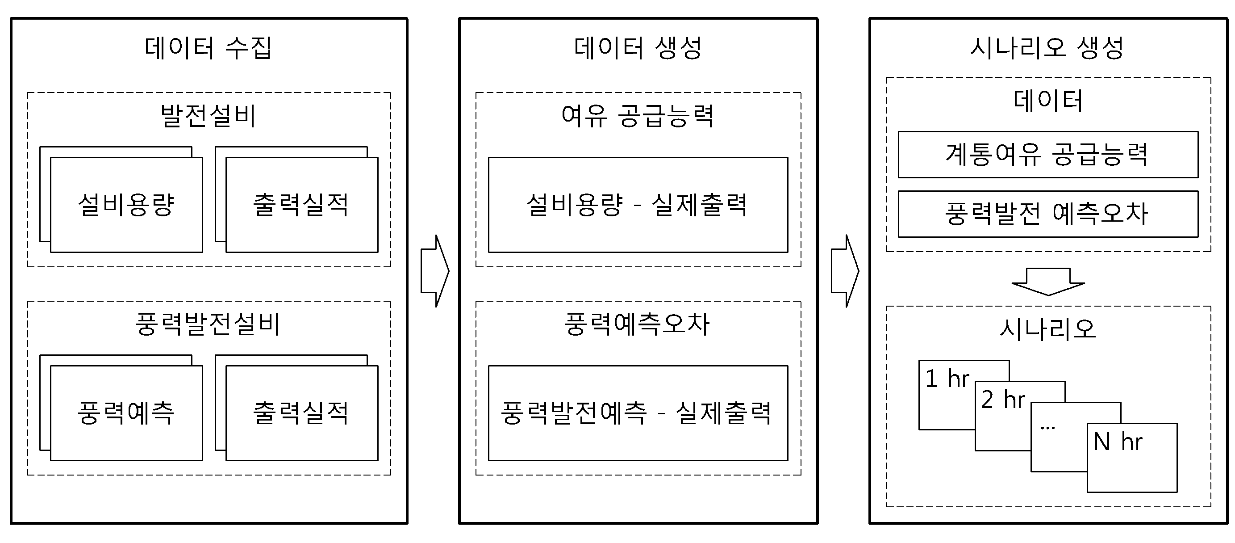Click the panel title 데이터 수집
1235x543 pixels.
coord(208,48)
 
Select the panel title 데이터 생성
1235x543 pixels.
coord(638,48)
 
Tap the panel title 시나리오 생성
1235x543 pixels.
coord(1047,48)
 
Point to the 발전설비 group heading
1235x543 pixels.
coord(209,116)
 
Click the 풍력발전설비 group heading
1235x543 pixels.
coord(208,324)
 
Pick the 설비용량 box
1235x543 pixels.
coord(126,205)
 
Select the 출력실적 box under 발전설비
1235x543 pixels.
coord(302,205)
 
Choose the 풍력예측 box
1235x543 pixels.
coord(126,413)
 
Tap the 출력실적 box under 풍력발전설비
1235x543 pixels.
coord(302,413)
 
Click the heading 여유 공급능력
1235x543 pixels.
coord(638,116)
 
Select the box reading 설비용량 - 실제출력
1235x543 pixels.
coord(638,205)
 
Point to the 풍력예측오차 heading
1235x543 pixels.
coord(637,324)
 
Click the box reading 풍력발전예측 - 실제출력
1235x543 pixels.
coord(638,413)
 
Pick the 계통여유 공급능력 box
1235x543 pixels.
coord(1048,155)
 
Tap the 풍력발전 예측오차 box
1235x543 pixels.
coord(1048,214)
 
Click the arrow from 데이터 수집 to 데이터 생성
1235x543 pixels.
coord(435,271)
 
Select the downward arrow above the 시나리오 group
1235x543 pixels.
coord(1048,282)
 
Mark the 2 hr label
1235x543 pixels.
coord(1003,400)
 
